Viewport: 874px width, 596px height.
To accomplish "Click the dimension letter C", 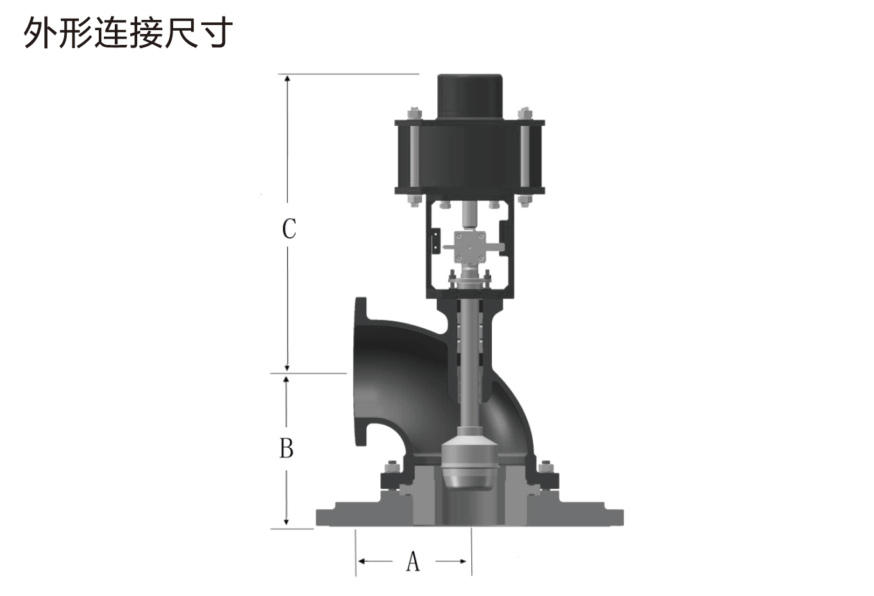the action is (289, 228).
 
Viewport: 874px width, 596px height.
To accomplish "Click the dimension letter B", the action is (287, 448).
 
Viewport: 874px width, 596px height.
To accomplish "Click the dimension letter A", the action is (413, 561).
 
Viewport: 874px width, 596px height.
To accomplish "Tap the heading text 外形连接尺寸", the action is (128, 33).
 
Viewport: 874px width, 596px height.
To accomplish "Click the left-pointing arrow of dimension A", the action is (375, 561).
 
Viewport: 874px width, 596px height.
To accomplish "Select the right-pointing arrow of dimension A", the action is (451, 561).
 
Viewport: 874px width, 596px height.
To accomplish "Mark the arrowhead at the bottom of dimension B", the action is (286, 522).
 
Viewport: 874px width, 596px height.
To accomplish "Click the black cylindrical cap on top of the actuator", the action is (470, 96).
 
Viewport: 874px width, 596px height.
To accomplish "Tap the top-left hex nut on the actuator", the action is (414, 113).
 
